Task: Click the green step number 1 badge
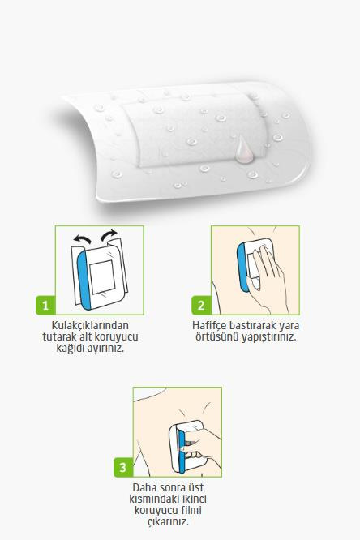click(45, 305)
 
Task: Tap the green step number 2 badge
click(201, 305)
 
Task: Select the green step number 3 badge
click(123, 467)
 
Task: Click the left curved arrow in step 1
click(82, 238)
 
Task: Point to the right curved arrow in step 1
click(109, 235)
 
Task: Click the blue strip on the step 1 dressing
click(84, 279)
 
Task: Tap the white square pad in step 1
click(102, 276)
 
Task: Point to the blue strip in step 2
click(242, 267)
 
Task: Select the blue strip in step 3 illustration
click(182, 449)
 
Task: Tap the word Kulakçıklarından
click(90, 325)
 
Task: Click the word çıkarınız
click(169, 521)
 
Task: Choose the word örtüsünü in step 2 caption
click(217, 336)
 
